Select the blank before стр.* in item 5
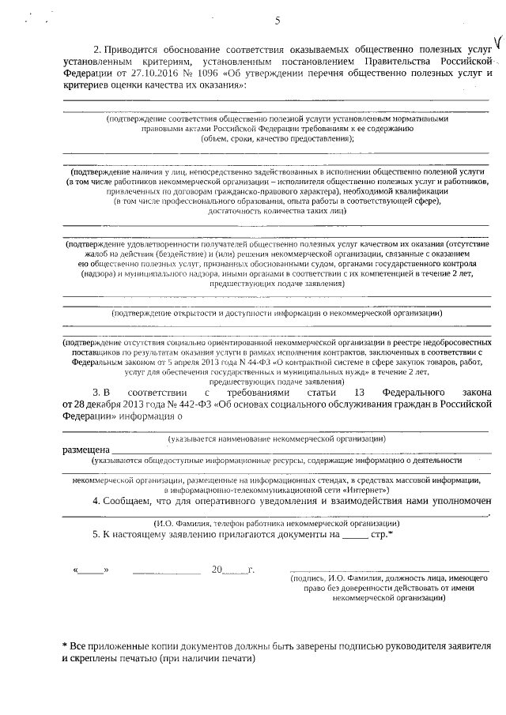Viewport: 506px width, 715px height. [x=356, y=535]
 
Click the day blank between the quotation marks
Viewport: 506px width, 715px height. [x=90, y=570]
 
